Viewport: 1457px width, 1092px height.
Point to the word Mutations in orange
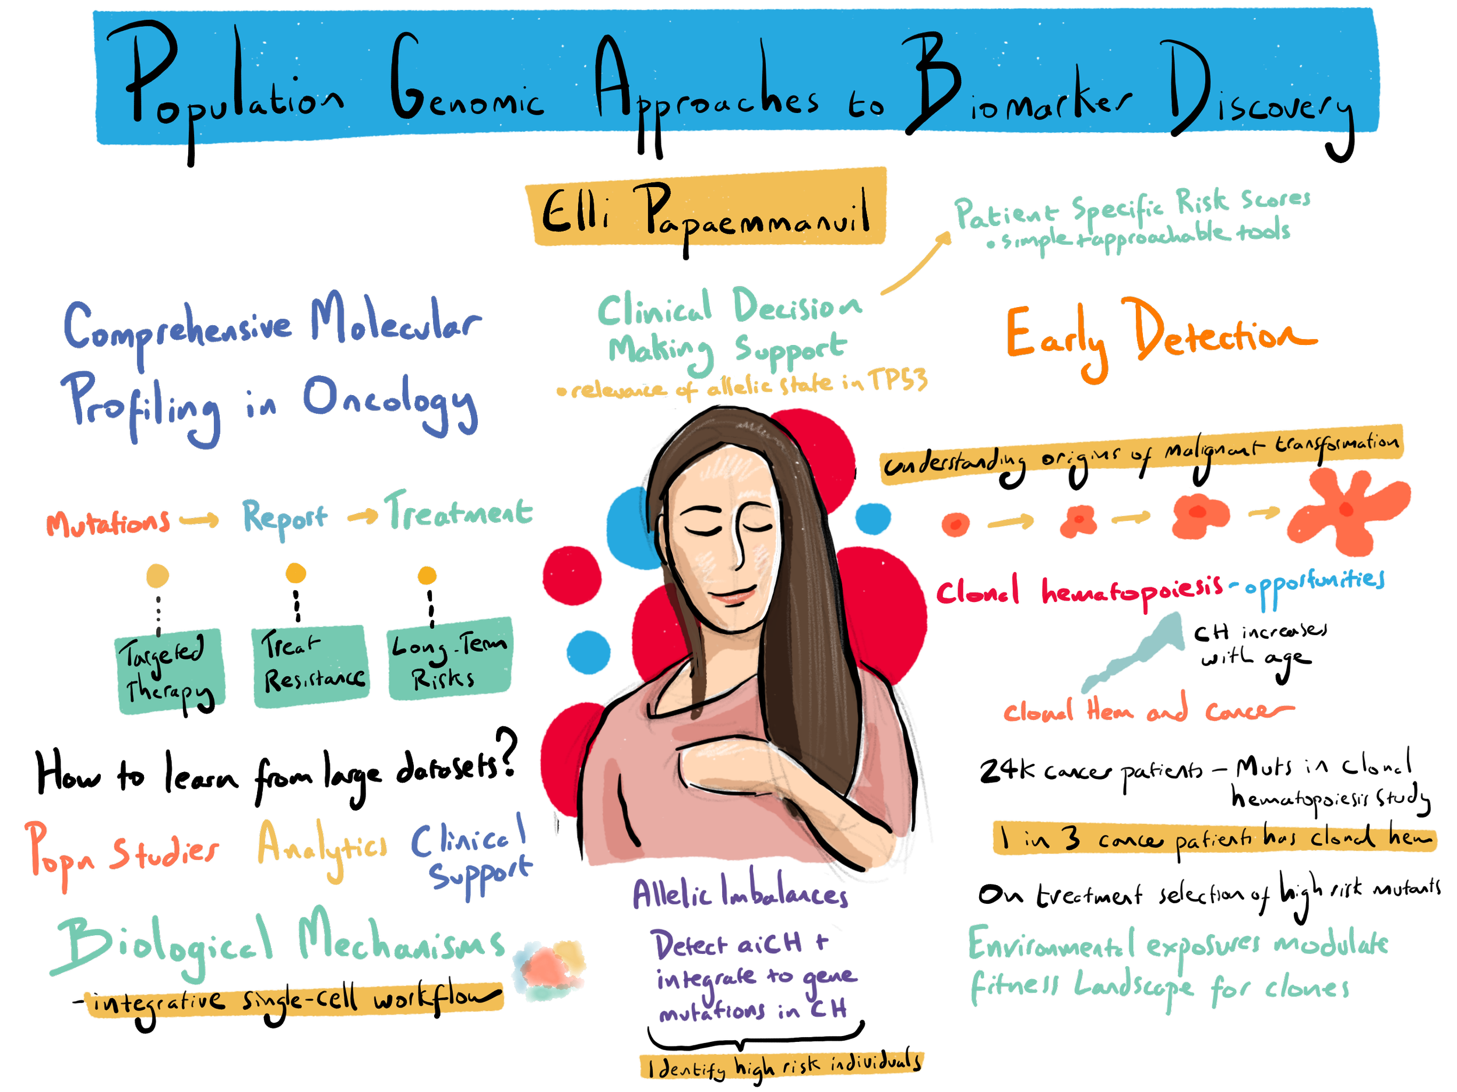click(x=108, y=524)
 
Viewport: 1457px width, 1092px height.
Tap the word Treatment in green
click(x=459, y=513)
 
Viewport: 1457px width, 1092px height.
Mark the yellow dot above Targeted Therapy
click(x=157, y=576)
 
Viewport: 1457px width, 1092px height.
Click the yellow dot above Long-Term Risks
click(x=427, y=576)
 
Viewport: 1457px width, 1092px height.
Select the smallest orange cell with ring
click(x=955, y=525)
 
